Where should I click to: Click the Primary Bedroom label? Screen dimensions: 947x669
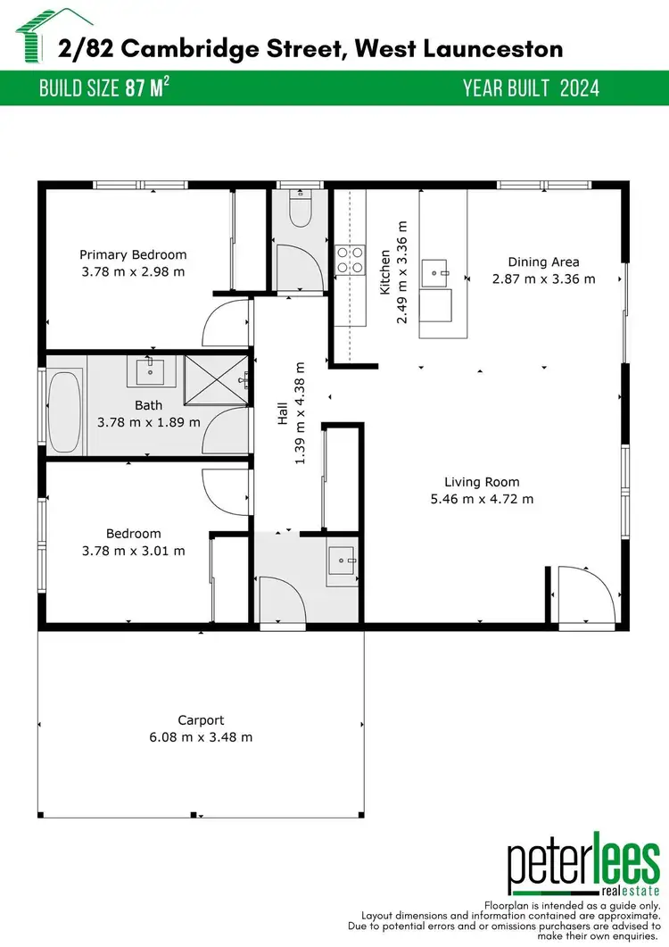[x=133, y=254]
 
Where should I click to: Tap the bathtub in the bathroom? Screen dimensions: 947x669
[x=63, y=403]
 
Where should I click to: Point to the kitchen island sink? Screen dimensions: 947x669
[x=436, y=271]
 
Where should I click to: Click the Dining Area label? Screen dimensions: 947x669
[x=543, y=262]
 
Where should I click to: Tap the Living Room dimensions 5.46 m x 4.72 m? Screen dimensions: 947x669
[x=482, y=499]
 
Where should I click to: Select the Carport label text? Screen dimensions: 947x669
[x=201, y=720]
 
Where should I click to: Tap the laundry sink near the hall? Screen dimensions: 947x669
[x=342, y=563]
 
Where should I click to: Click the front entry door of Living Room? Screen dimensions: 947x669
[x=582, y=595]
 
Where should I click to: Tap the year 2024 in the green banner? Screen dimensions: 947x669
[x=580, y=87]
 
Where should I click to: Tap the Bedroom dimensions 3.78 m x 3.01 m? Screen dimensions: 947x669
[x=133, y=551]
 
